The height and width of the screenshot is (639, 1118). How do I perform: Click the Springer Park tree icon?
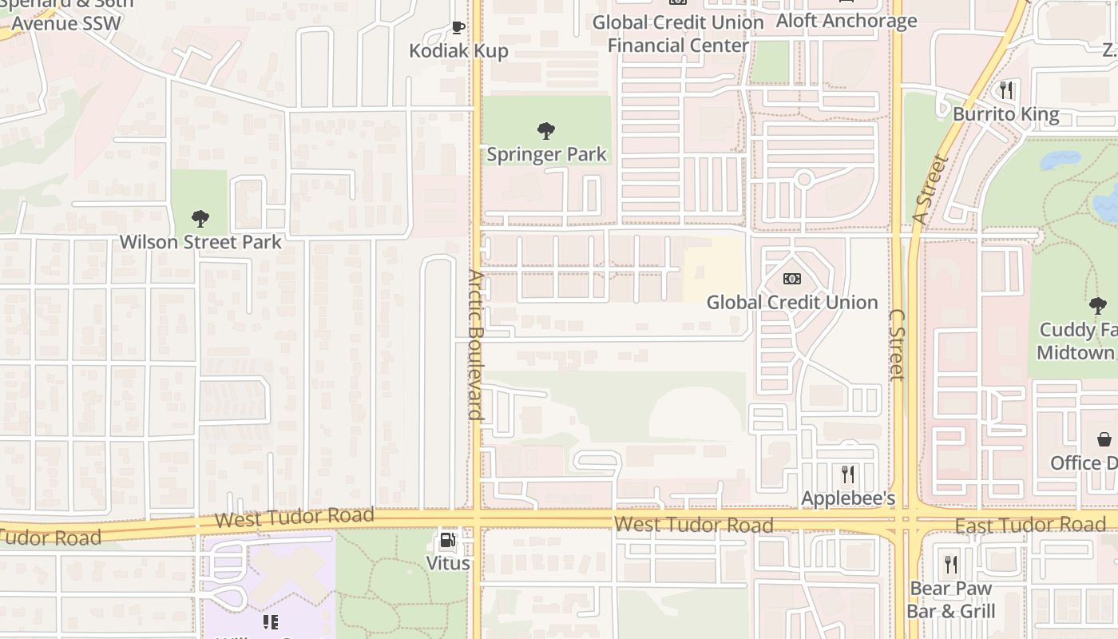tap(546, 130)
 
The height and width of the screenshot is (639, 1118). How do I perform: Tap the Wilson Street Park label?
tap(200, 241)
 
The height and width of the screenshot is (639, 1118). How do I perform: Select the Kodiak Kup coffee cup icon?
tap(458, 28)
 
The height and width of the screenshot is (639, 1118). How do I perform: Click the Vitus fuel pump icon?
tap(448, 540)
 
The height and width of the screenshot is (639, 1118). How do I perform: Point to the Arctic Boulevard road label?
tap(476, 345)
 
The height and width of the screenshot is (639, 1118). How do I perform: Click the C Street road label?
tap(896, 344)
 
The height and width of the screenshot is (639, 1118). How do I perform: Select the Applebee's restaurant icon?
tap(848, 474)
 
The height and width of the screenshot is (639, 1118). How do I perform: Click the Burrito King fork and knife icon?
tap(1006, 90)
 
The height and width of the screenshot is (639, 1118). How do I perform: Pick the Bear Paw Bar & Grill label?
tap(950, 600)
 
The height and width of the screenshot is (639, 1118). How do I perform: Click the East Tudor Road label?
tap(1030, 525)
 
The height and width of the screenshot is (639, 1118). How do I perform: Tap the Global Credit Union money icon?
tap(792, 278)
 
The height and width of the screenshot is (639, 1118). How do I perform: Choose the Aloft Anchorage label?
tap(846, 21)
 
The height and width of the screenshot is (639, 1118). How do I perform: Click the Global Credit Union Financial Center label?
tap(678, 34)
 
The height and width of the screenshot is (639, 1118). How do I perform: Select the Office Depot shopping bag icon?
tap(1104, 439)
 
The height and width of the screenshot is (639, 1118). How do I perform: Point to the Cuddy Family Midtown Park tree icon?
tap(1098, 305)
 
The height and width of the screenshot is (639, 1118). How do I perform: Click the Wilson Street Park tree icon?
tap(200, 218)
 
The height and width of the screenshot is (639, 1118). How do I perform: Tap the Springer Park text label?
tap(547, 154)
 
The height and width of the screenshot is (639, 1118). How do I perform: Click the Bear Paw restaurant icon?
tap(950, 565)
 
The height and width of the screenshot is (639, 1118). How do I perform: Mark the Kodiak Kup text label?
tap(458, 51)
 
